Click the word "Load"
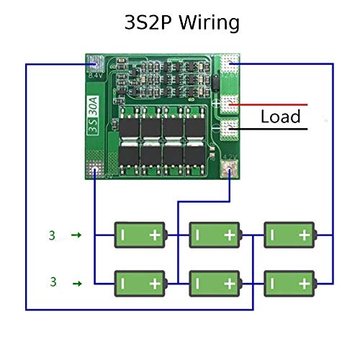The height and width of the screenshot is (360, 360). point(280,117)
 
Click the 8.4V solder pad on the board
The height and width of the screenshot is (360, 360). point(95,63)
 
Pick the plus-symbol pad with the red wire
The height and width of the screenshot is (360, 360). point(230,104)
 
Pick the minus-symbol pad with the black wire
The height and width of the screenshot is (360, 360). point(230,130)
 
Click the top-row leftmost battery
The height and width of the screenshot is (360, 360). point(140,234)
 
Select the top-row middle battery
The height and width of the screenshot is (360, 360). point(214,234)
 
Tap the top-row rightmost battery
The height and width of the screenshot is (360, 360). point(289,234)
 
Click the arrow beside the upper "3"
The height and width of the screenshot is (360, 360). point(77,235)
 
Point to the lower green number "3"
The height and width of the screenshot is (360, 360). point(52,280)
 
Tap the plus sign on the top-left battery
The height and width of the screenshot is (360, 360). point(156,234)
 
